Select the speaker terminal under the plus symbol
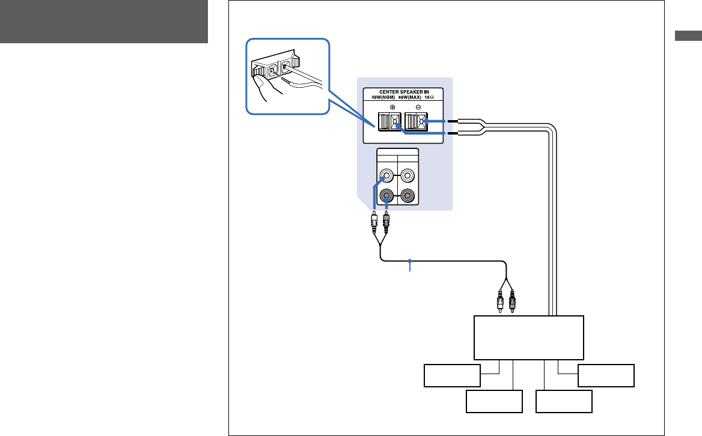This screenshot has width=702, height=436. tap(388, 123)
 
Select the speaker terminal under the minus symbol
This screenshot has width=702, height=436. tap(417, 123)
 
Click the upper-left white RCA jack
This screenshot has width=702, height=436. tap(388, 177)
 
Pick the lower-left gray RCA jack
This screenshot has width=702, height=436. tap(388, 196)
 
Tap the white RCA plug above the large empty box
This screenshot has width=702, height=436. tap(500, 300)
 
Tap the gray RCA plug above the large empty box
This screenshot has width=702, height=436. tap(512, 300)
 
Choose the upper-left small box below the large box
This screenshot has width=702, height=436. tap(452, 375)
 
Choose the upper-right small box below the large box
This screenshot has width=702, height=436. tap(606, 375)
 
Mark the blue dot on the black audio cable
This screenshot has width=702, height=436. tap(410, 261)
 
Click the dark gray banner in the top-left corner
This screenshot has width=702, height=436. tap(104, 22)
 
